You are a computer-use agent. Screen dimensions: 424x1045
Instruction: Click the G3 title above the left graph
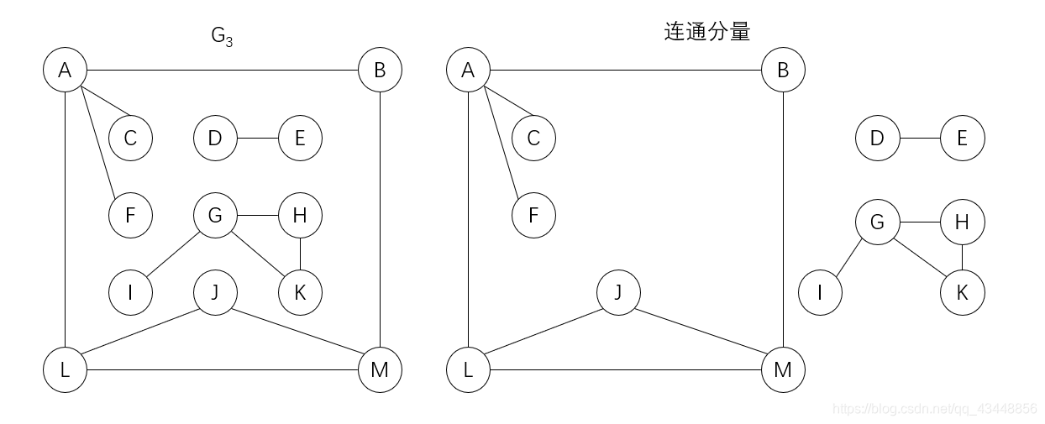[221, 36]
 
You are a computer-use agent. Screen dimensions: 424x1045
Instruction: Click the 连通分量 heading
[706, 33]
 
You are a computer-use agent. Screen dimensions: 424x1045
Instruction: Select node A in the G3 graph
[65, 70]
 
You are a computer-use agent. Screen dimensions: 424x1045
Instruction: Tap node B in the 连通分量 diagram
[783, 70]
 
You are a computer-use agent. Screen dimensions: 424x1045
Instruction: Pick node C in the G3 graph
[130, 138]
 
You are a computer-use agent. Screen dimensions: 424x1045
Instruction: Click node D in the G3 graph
[215, 138]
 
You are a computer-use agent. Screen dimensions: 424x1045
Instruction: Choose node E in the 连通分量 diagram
[962, 138]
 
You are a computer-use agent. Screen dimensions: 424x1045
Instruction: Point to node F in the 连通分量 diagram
[533, 215]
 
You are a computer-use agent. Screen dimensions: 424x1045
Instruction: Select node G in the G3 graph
[215, 215]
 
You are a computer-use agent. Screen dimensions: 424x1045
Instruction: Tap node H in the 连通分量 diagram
[962, 222]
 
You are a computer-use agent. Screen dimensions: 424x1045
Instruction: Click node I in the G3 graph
[130, 293]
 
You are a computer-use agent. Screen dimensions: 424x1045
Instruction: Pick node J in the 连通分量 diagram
[618, 293]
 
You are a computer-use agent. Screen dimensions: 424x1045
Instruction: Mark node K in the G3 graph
[300, 293]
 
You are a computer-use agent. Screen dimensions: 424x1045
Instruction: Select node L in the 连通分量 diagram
[468, 369]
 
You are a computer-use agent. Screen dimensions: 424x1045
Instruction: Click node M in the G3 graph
[380, 369]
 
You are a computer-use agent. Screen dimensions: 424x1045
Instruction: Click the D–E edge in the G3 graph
[257, 138]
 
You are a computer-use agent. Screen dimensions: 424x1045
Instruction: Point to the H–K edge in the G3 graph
[300, 254]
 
